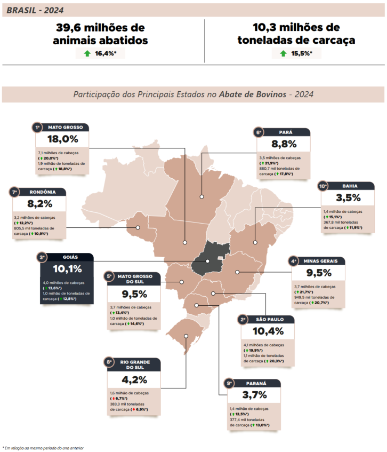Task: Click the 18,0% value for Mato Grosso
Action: click(62, 139)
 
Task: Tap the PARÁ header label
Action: click(283, 132)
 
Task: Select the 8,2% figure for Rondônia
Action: click(40, 203)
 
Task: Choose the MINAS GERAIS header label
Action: click(321, 261)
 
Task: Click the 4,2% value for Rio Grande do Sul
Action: click(133, 380)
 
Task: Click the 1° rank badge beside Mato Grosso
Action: click(37, 128)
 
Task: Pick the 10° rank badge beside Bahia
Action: click(322, 186)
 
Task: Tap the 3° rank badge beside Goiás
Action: click(42, 257)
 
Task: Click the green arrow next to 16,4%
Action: click(87, 53)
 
